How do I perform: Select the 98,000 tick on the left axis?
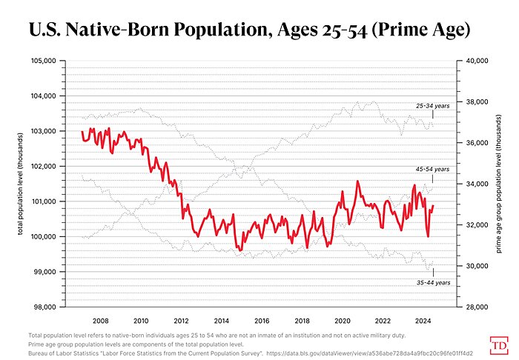44,307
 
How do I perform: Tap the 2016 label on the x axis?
262,321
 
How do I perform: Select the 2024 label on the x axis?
423,321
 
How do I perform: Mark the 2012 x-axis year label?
181,321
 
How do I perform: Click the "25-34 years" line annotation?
432,106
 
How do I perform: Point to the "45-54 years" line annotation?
432,170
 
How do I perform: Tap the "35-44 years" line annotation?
432,282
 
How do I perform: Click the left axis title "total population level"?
20,184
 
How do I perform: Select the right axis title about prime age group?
500,184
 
